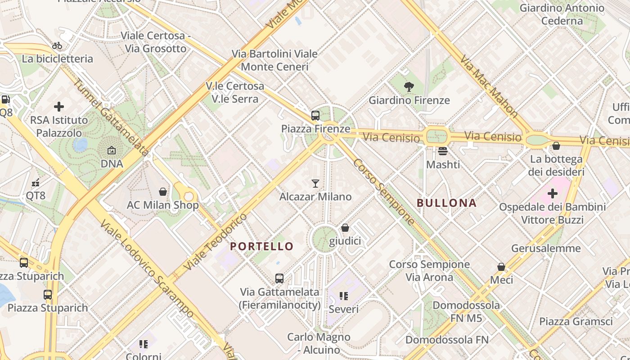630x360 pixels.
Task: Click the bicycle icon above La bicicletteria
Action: click(57, 45)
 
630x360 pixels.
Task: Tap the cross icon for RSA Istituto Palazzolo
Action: click(59, 107)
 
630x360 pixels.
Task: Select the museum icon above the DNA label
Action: click(112, 150)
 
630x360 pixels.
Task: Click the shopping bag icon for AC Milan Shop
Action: click(163, 192)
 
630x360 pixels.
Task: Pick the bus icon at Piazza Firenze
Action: click(315, 116)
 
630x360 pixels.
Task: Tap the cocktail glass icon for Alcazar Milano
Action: click(315, 183)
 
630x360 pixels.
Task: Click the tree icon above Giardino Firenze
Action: click(409, 86)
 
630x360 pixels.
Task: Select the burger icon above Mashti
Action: click(443, 151)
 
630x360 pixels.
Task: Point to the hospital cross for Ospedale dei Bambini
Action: click(553, 193)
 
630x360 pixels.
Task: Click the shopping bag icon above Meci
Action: click(501, 267)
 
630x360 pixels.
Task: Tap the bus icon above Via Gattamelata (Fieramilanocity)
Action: click(279, 279)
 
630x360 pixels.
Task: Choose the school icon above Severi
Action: click(344, 296)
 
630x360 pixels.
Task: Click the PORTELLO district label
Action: click(261, 247)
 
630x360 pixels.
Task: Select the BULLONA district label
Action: click(446, 203)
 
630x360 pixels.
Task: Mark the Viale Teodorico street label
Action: click(216, 242)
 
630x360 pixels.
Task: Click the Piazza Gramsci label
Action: click(576, 321)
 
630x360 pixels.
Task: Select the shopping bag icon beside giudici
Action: click(345, 228)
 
